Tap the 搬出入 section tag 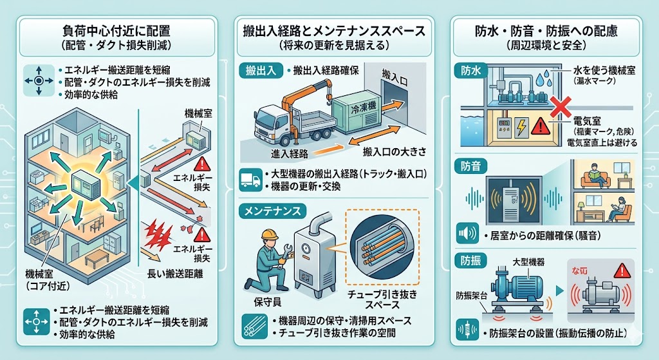tap(261, 70)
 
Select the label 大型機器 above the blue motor tap(529, 261)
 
